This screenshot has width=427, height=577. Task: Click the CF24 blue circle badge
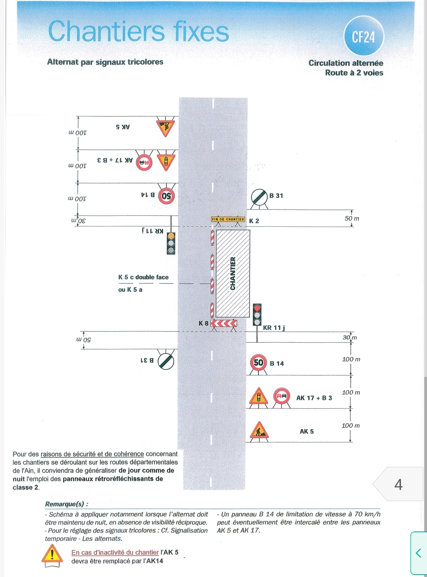click(364, 36)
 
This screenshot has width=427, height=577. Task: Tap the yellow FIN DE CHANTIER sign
click(228, 219)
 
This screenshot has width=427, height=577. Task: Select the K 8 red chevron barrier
click(224, 323)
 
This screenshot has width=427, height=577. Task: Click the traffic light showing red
click(257, 315)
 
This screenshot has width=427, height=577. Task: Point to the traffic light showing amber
click(171, 243)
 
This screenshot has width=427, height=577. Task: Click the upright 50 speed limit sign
click(258, 363)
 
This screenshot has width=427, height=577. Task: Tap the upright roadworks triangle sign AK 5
click(259, 430)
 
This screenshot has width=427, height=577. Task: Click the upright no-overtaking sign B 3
click(281, 396)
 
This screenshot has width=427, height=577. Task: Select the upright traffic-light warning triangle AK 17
click(258, 396)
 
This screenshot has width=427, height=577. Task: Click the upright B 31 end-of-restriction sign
click(260, 197)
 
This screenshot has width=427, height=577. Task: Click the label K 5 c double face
click(143, 277)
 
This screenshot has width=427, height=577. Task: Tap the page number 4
click(399, 484)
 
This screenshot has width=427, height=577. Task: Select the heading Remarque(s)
click(66, 504)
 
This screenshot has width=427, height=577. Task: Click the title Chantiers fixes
click(139, 31)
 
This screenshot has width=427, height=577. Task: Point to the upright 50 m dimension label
click(352, 218)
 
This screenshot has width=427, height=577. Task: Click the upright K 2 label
click(254, 221)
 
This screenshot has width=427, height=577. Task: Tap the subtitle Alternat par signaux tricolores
click(105, 62)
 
